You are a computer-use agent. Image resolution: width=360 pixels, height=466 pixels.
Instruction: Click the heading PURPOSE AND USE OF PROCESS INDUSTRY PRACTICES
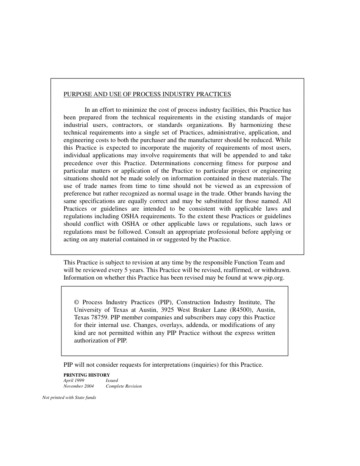coord(147,94)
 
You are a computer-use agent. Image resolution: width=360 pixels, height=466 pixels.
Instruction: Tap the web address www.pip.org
coord(266,277)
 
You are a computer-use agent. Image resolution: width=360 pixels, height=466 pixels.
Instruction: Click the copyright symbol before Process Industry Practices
coord(77,302)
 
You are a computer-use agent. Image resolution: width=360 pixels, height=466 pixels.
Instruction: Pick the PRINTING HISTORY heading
coord(86,375)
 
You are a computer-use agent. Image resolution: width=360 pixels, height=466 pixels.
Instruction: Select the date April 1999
coord(74,380)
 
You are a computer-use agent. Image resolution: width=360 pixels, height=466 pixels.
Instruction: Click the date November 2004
coord(78,386)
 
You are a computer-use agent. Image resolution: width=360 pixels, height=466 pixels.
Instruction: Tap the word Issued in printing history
coord(112,380)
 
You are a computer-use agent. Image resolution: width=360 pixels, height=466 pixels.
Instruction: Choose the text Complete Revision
coord(124,386)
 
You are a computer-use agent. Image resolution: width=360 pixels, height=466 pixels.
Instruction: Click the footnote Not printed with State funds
coord(69,397)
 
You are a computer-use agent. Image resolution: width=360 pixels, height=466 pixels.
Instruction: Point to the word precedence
coord(78,163)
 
